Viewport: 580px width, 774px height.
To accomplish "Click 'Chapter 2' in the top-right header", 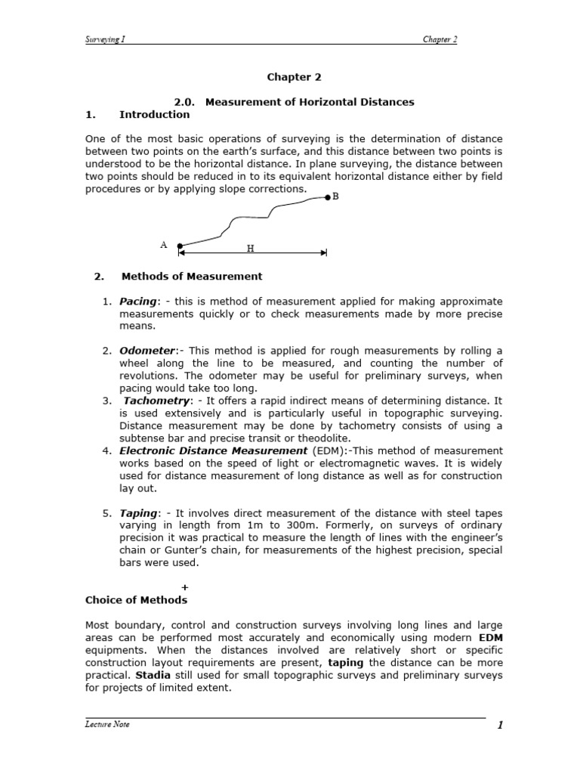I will [x=440, y=39].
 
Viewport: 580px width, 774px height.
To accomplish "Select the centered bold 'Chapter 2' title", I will [x=289, y=77].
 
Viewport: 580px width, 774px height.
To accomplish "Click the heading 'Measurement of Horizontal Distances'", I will [x=311, y=102].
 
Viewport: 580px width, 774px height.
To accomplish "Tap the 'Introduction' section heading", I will [x=154, y=114].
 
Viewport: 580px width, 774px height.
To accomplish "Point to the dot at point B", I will [x=327, y=197].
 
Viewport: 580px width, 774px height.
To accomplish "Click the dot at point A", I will [x=180, y=246].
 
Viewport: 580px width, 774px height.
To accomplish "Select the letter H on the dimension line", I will [x=250, y=248].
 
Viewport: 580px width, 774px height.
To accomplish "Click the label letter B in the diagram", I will [x=335, y=196].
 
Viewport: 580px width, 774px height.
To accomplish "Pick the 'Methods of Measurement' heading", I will [x=191, y=276].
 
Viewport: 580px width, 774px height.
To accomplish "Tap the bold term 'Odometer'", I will [x=147, y=351].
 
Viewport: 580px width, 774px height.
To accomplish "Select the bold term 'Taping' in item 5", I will [x=137, y=513].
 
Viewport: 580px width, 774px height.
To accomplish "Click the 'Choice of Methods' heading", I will [x=135, y=599].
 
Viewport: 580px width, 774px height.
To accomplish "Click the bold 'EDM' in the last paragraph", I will [x=490, y=638].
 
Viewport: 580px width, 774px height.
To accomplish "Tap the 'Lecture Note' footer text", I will [x=106, y=724].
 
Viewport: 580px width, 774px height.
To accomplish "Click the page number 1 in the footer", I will [x=499, y=726].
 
